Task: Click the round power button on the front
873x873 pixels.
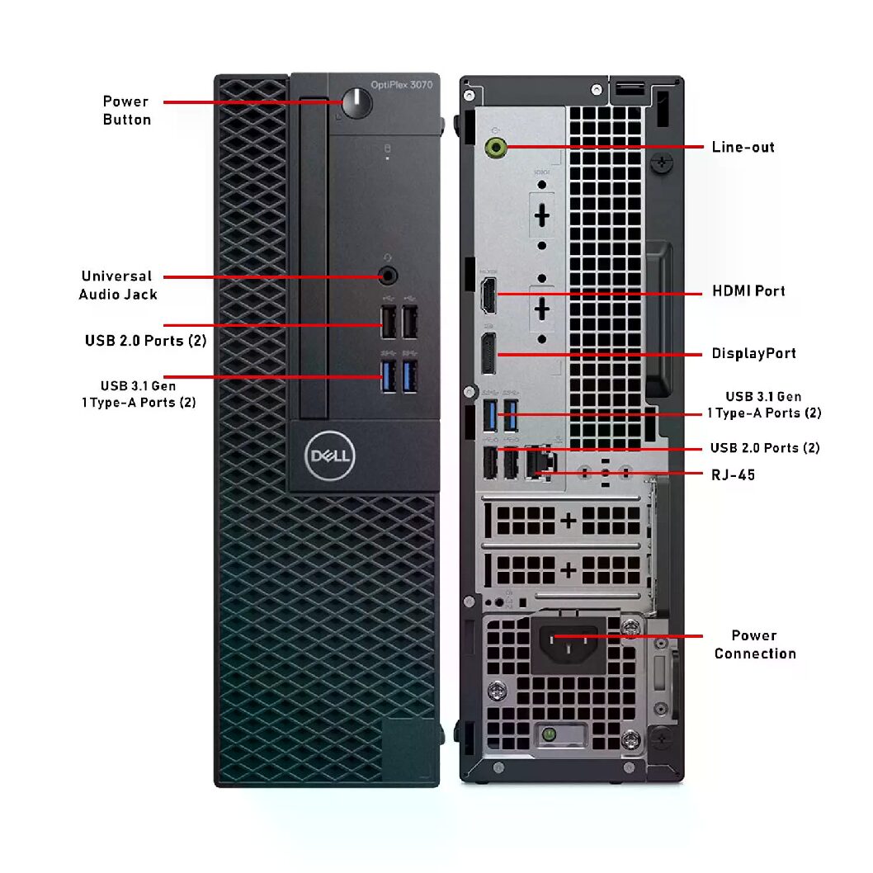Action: tap(356, 102)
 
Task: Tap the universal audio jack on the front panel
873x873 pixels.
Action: tap(388, 275)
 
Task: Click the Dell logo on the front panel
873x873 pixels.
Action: tap(329, 455)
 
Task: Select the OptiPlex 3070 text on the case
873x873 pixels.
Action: tap(401, 85)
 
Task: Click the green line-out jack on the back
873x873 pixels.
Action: tap(496, 148)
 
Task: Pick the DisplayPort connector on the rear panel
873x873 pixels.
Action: tap(488, 354)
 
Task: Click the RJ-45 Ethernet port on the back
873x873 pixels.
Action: tap(538, 463)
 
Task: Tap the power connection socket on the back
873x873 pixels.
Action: tap(569, 644)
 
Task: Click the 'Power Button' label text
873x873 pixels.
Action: tap(126, 111)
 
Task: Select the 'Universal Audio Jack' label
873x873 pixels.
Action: tap(117, 285)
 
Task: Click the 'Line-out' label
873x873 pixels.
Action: tap(743, 147)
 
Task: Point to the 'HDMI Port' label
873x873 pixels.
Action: tap(748, 290)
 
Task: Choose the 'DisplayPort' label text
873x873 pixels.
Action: tap(754, 353)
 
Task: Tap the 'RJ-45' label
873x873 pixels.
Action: tap(734, 475)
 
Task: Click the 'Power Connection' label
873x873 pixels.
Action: tap(755, 644)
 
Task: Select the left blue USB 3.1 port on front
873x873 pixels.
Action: tap(389, 375)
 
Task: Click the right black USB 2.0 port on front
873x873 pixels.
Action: tap(410, 322)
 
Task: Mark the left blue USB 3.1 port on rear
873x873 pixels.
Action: tap(490, 415)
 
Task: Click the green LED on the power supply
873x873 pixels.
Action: tap(549, 734)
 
